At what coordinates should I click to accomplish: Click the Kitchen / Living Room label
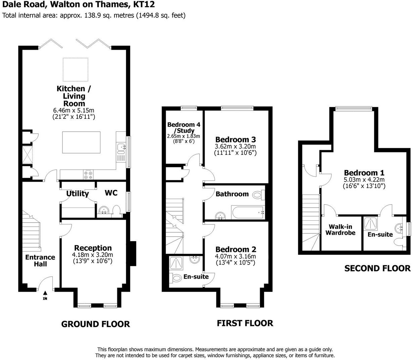(x=71, y=96)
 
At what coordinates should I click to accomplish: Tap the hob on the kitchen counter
(x=88, y=175)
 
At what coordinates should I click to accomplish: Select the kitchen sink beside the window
(x=121, y=147)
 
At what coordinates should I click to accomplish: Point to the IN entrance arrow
(x=45, y=297)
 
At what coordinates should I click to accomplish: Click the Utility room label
(x=78, y=193)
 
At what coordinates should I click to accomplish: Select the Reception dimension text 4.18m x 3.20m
(x=92, y=255)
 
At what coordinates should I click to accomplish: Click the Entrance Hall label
(x=40, y=261)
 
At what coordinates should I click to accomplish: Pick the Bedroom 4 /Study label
(x=184, y=127)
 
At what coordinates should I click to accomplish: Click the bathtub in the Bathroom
(x=248, y=212)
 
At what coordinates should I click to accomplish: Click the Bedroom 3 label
(x=236, y=139)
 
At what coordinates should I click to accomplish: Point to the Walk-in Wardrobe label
(x=340, y=230)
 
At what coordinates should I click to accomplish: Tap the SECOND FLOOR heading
(x=377, y=268)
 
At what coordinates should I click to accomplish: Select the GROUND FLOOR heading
(x=95, y=324)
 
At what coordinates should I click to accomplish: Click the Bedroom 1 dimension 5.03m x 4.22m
(x=364, y=179)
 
